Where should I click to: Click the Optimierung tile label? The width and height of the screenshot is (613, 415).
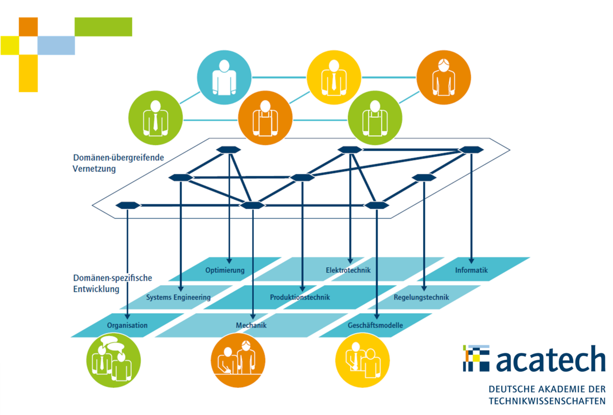225,270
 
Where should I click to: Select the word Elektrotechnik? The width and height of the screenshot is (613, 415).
348,270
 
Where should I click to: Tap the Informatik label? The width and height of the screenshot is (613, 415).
471,270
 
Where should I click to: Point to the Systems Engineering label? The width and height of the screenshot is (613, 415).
178,297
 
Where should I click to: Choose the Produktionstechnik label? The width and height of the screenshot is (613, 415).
300,297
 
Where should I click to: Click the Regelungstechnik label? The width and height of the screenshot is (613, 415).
421,297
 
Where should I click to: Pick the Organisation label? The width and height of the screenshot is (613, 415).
127,325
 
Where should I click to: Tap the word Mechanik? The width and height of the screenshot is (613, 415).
251,325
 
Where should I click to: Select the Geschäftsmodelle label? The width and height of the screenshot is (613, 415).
375,325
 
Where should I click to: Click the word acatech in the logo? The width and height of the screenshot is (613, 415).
551,359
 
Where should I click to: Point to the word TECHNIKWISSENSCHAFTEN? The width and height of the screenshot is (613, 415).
547,401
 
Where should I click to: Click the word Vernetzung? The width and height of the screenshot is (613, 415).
94,169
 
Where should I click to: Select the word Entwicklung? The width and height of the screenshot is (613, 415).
96,289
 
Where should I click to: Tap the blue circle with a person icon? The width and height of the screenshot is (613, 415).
224,77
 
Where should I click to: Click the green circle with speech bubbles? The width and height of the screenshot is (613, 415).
113,360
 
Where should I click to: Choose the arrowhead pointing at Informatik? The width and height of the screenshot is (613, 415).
471,261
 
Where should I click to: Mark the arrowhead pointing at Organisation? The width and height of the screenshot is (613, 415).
127,316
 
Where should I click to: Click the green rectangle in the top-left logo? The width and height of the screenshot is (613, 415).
103,27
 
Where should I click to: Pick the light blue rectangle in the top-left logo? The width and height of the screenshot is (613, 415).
56,45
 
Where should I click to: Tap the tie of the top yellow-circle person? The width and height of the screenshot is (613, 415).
334,82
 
